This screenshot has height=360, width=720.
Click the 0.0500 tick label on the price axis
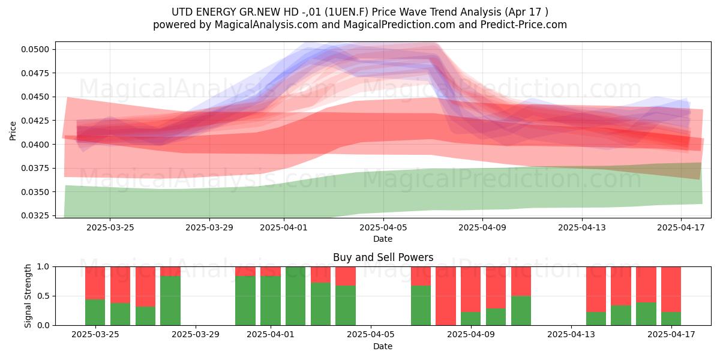(x=35, y=49)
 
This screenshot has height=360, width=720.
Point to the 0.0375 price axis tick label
(x=35, y=168)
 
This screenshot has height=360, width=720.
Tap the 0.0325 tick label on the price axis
(x=35, y=215)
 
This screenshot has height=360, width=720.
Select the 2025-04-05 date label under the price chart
(x=383, y=227)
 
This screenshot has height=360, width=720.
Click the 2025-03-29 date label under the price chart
(x=209, y=227)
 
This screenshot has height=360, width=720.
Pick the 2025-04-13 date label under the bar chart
(x=571, y=335)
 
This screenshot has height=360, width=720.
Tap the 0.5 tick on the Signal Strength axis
(x=44, y=296)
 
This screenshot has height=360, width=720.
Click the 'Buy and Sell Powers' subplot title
(x=383, y=257)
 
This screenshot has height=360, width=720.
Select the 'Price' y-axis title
(x=13, y=131)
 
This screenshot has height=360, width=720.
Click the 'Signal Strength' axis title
(x=28, y=296)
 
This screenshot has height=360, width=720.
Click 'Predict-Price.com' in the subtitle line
(x=524, y=25)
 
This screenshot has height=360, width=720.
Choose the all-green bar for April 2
(x=295, y=296)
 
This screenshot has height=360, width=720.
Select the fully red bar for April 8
(x=446, y=296)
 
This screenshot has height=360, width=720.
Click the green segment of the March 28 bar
(x=170, y=301)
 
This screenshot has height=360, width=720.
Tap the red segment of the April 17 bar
(x=671, y=289)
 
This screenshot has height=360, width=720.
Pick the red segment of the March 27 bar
(x=145, y=287)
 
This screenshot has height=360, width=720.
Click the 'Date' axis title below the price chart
(x=383, y=239)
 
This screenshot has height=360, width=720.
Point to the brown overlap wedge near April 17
(x=682, y=170)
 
